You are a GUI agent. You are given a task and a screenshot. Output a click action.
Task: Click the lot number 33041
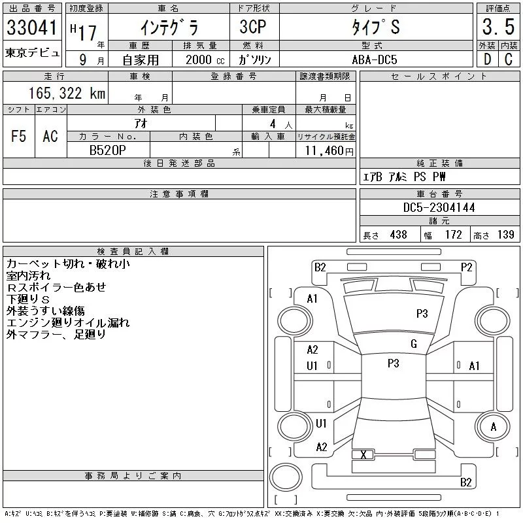coord(31,27)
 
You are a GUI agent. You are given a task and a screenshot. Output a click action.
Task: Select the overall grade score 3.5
coord(498,27)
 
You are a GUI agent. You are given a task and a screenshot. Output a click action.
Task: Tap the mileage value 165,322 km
coord(67,93)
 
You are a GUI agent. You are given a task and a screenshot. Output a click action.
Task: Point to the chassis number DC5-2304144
coord(439,207)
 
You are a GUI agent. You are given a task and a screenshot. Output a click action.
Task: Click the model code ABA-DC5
coord(375,59)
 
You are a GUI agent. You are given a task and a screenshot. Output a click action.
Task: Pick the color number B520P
coord(108,150)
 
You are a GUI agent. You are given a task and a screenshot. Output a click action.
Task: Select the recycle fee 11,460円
coord(329,151)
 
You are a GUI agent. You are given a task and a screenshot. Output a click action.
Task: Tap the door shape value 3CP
coord(253,27)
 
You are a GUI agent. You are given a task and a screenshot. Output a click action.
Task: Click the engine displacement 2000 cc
coord(205,60)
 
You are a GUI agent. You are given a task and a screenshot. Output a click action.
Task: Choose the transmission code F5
coord(18,136)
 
